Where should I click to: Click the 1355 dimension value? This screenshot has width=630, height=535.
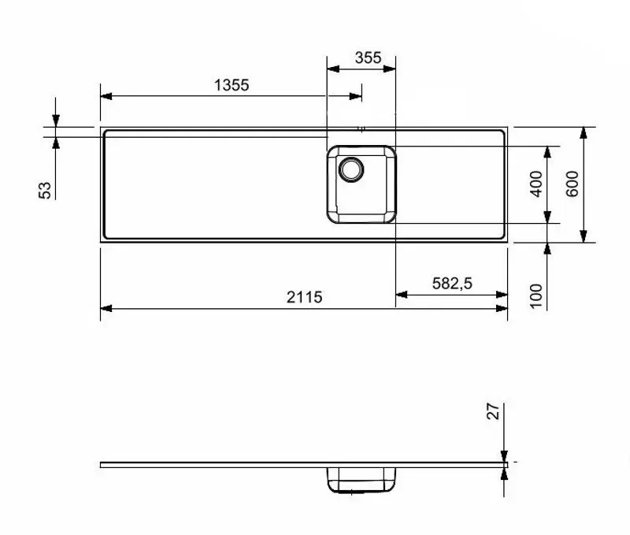tap(232, 85)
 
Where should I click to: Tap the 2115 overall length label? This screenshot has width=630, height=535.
tap(305, 297)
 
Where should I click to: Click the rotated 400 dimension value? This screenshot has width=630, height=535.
tap(536, 184)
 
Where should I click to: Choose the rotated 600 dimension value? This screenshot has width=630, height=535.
tap(572, 184)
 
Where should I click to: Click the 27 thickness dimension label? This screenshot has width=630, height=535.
tap(493, 411)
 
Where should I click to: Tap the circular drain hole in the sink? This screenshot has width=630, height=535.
tap(350, 169)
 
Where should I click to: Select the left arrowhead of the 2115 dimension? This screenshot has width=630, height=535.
tap(106, 308)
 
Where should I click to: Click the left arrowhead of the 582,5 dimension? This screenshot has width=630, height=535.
tap(400, 295)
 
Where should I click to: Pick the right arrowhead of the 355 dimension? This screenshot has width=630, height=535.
tap(391, 69)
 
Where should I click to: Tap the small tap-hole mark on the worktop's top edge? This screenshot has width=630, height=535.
tap(361, 128)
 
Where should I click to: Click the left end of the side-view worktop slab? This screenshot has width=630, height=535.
tap(102, 464)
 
